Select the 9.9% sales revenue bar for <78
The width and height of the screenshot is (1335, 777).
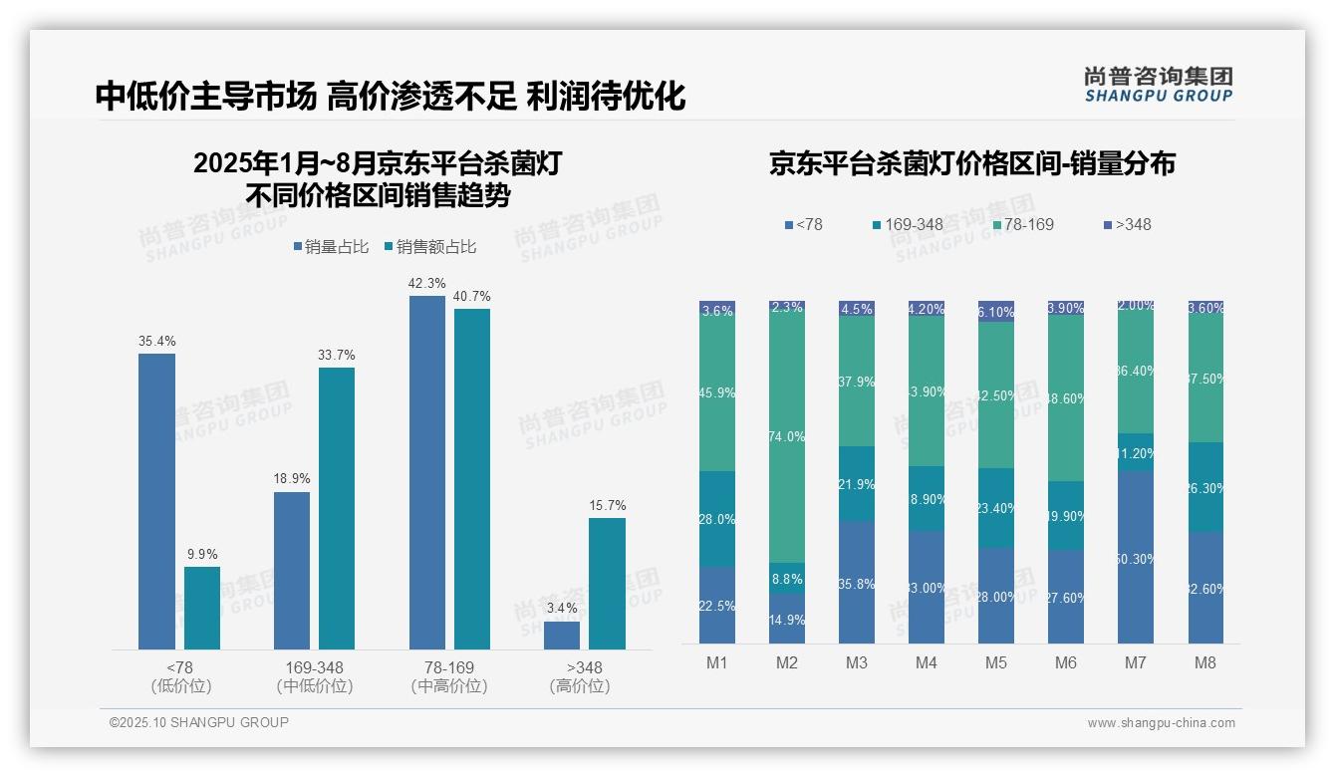coord(202,608)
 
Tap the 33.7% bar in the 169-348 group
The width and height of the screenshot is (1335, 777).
coord(337,508)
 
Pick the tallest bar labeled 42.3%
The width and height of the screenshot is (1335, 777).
coord(427,472)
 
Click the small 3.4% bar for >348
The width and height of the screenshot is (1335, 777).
coord(562,635)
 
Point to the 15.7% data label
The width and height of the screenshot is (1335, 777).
coord(607,505)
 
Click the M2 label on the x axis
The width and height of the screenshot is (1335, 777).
coord(787,663)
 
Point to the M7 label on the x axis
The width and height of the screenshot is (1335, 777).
coord(1136,663)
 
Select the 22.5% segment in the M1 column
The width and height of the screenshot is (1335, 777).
coord(717,605)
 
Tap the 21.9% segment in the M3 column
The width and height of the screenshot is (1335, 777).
coord(857,484)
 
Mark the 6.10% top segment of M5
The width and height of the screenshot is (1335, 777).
coord(996,311)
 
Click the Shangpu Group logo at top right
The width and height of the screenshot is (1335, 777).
coord(1158,85)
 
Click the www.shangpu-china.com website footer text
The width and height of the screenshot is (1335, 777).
coord(1161,723)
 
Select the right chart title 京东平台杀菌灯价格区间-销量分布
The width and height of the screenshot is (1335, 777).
coord(971,164)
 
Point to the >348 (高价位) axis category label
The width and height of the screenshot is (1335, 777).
coord(579,676)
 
